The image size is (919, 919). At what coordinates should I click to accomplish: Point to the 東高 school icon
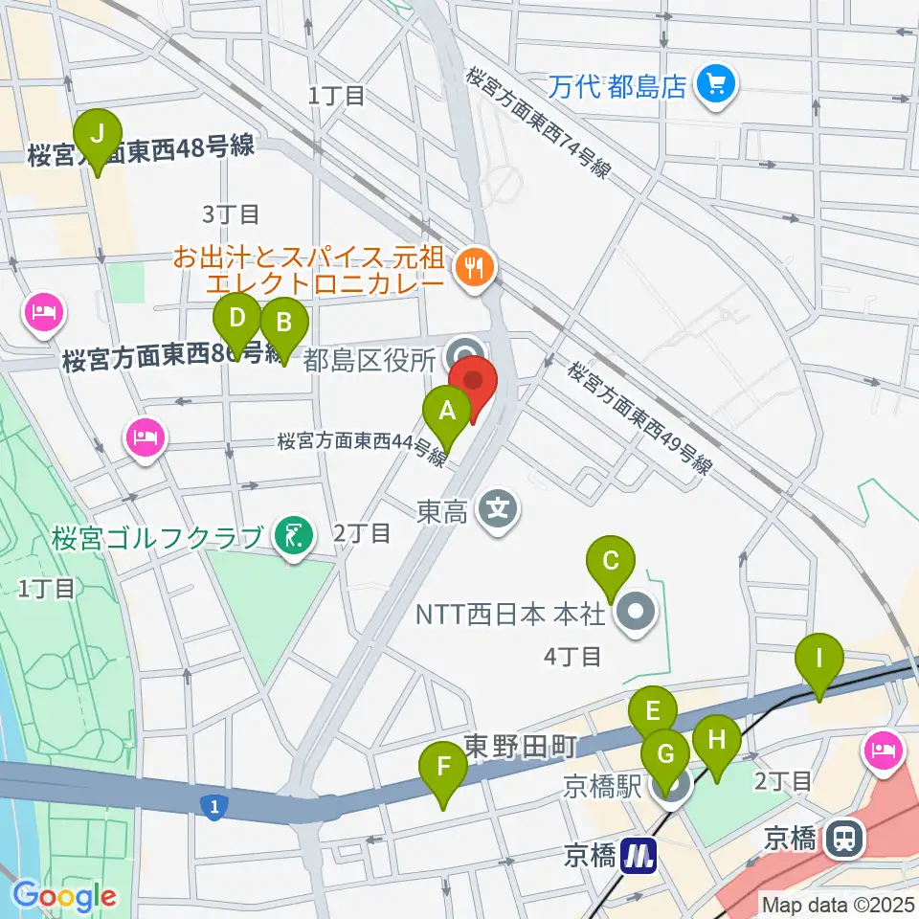pos(498,508)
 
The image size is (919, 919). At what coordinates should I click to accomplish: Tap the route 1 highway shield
pos(214,809)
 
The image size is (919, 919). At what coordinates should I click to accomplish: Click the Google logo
pos(65,897)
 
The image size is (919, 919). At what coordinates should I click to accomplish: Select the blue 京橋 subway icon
pos(639,854)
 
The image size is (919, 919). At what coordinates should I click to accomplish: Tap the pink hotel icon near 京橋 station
pos(882,749)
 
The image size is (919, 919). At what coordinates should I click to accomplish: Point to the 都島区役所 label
pos(370,360)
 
